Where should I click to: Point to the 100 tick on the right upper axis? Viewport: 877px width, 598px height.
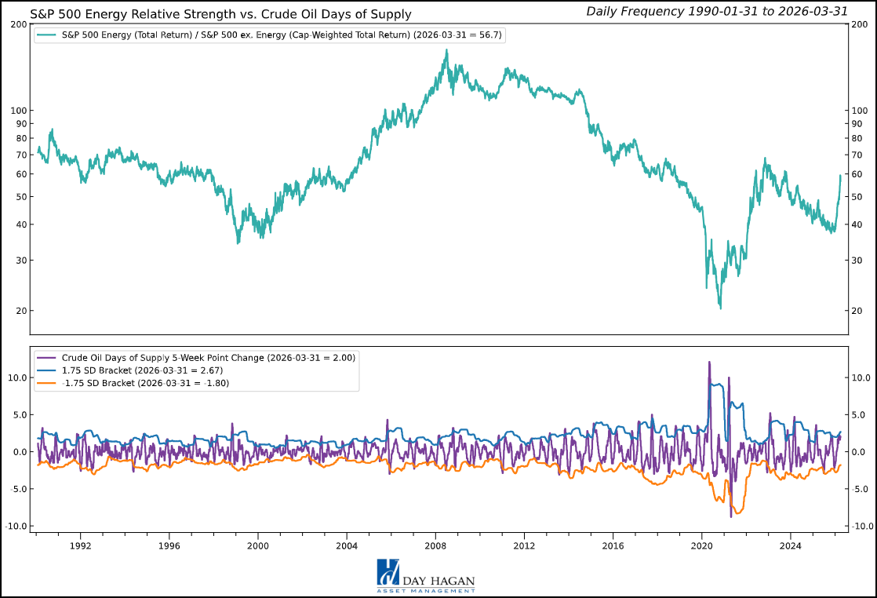tap(860, 111)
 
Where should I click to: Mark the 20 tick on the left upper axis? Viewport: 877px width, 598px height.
tap(21, 311)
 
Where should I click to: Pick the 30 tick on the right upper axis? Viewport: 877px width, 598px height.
tap(857, 261)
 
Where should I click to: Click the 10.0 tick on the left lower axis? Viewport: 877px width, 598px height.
tap(17, 377)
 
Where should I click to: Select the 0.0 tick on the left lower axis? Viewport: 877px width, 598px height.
tap(20, 452)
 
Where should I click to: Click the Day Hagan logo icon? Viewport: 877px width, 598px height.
tap(388, 571)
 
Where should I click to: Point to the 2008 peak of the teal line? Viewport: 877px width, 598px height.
tap(446, 50)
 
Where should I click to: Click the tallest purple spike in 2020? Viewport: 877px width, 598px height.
tap(709, 362)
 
